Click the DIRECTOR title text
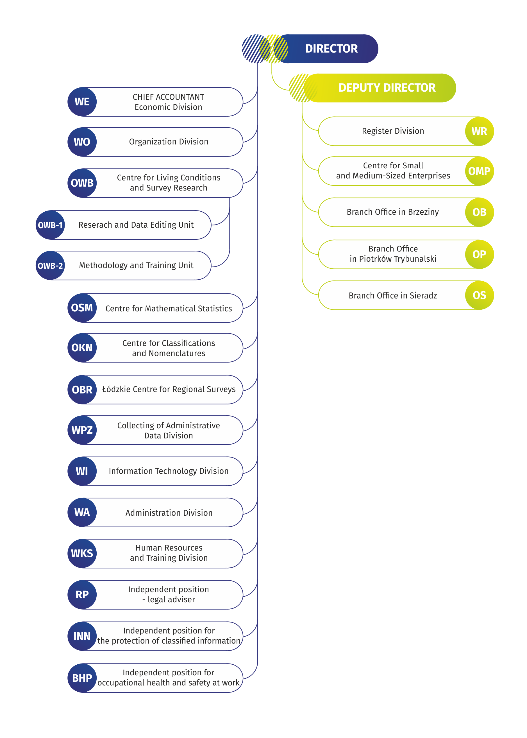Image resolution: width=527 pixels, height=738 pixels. [x=331, y=49]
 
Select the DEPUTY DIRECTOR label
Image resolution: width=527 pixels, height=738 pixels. [x=387, y=88]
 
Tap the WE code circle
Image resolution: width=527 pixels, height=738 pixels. [x=82, y=102]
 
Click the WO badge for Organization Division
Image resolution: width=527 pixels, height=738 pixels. [x=82, y=142]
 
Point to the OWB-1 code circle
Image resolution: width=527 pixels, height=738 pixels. [x=50, y=225]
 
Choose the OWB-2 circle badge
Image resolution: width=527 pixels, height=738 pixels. [x=50, y=266]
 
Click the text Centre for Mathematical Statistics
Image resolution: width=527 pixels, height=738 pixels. [x=169, y=309]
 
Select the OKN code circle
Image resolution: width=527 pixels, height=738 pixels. [x=82, y=348]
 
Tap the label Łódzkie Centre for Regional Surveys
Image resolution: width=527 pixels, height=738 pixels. [x=169, y=389]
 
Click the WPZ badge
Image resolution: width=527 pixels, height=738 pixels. [x=82, y=430]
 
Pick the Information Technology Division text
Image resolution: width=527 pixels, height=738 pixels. [x=169, y=471]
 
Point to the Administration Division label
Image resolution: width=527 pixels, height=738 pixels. [x=169, y=513]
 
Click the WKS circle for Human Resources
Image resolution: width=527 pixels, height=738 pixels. [x=82, y=554]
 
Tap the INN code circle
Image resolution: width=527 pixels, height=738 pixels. [x=82, y=636]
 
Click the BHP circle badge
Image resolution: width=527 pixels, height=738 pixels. [x=82, y=678]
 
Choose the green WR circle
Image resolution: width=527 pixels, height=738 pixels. [x=479, y=131]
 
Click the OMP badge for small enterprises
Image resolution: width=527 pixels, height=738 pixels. [x=479, y=171]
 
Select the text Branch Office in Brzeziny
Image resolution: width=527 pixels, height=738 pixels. [x=393, y=212]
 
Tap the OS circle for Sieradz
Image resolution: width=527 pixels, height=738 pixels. [x=479, y=295]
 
